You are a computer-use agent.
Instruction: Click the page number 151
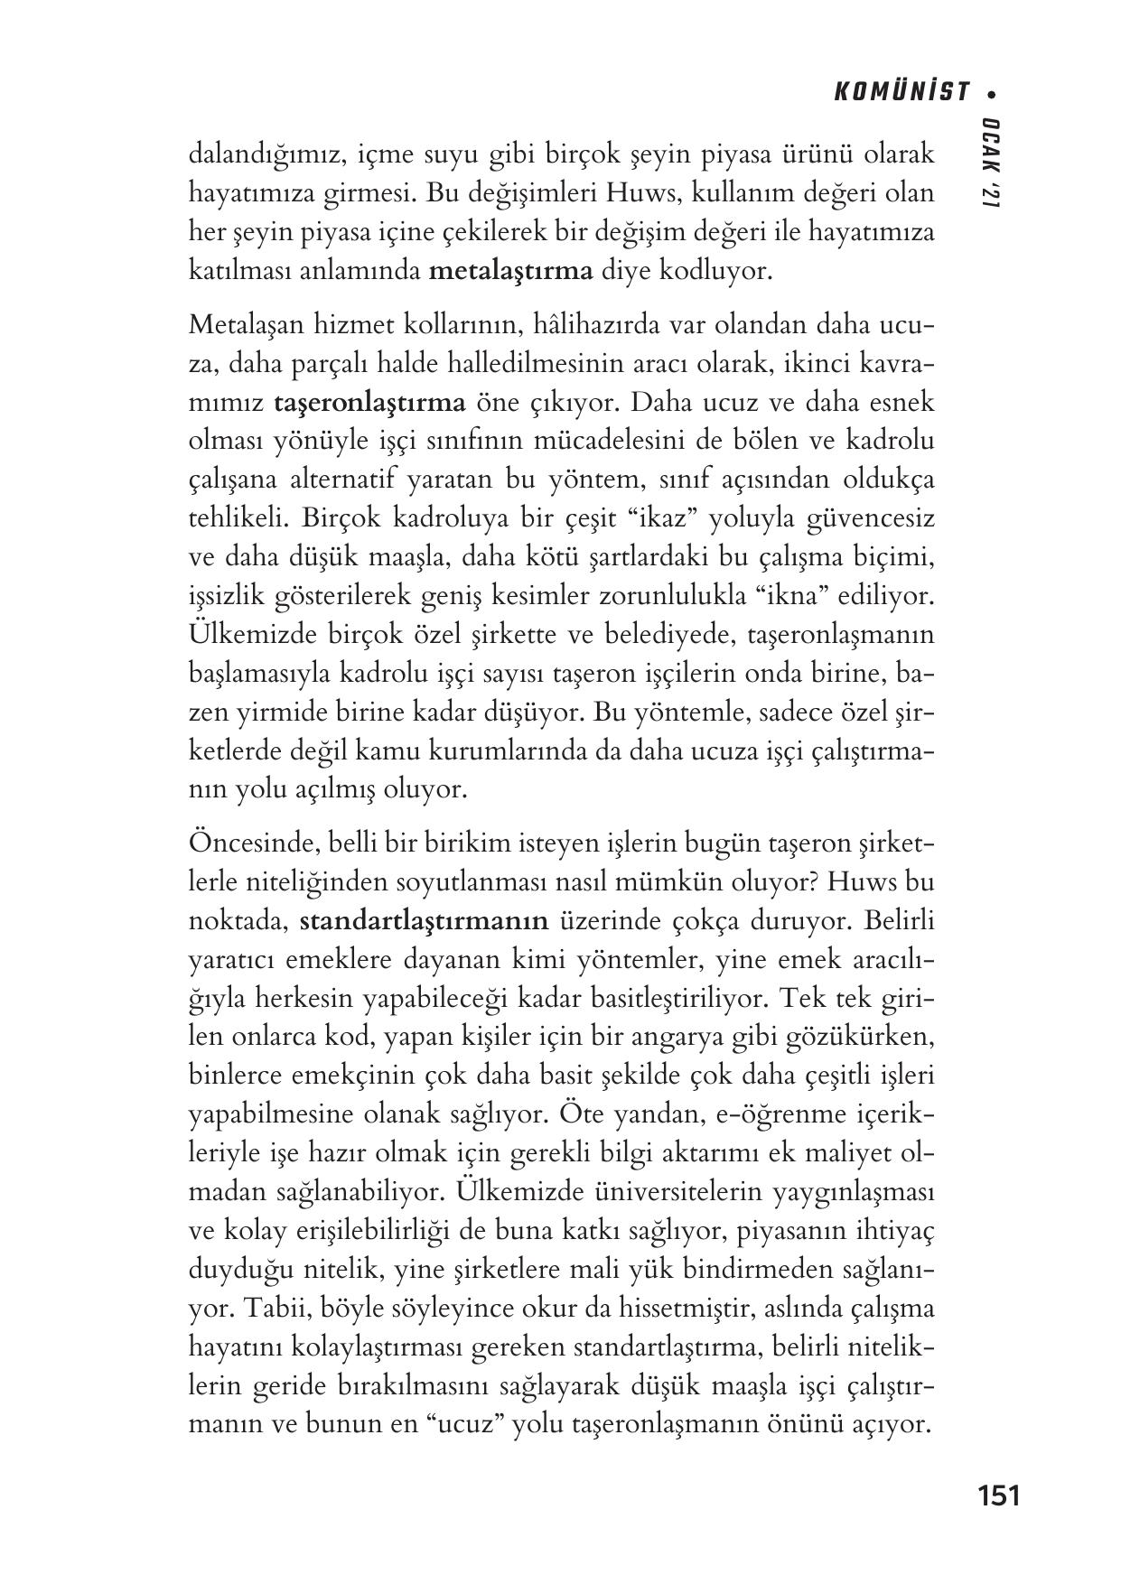click(998, 1495)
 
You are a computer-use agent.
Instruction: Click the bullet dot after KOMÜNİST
click(993, 92)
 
